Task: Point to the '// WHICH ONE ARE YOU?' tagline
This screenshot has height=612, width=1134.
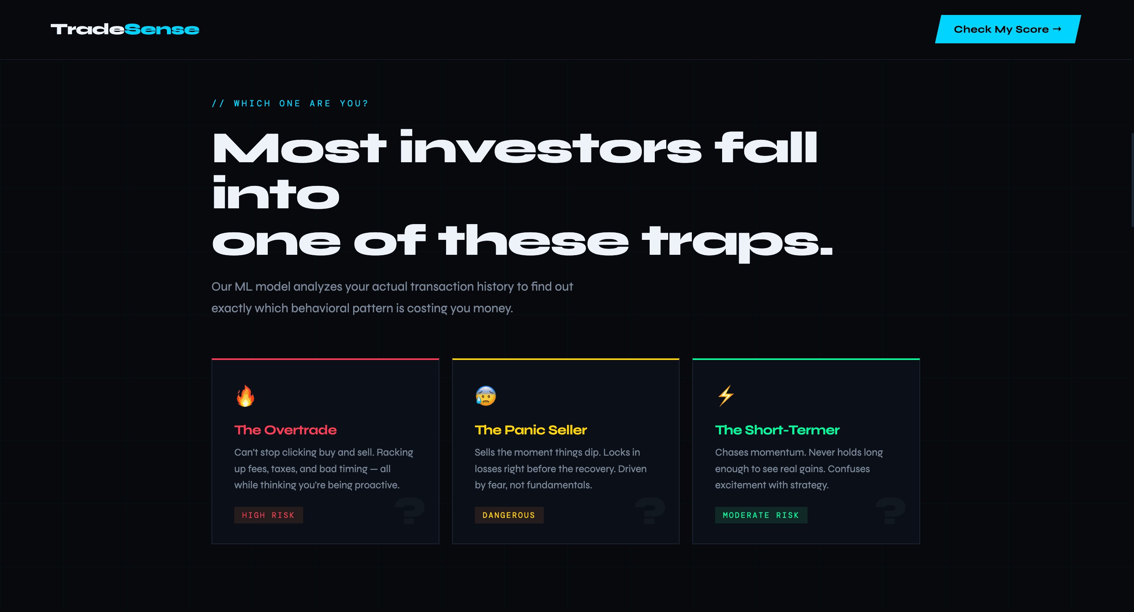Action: (290, 104)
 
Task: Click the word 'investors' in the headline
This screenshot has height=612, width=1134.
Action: (550, 148)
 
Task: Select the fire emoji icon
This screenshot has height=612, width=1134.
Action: (245, 396)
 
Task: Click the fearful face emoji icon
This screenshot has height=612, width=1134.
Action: (485, 396)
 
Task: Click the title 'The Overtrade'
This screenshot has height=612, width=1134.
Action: (285, 430)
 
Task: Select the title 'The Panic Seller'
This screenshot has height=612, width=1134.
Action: (530, 430)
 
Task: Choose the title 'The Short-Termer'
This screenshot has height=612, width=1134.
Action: (777, 430)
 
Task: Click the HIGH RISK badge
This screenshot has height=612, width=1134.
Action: (268, 515)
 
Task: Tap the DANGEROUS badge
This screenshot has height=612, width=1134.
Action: (509, 515)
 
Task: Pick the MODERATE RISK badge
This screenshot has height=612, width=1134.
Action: (761, 515)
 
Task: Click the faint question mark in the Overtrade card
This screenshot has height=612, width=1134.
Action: (409, 511)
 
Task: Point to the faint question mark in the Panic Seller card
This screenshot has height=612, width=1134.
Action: (650, 511)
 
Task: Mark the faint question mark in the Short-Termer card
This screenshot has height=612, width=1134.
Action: (890, 511)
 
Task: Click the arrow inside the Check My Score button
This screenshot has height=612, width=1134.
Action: (1057, 29)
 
